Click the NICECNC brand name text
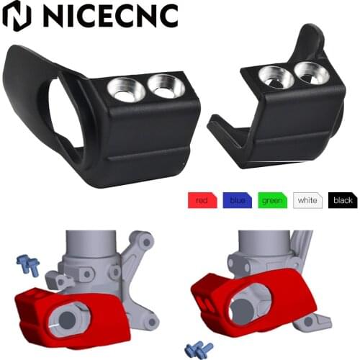[107, 15]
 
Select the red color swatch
[202, 201]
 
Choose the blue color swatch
[237, 201]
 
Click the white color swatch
[307, 201]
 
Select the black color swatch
[342, 201]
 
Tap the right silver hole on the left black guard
[164, 86]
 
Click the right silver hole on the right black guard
[309, 71]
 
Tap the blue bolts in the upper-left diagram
[30, 266]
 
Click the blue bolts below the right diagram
[198, 349]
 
